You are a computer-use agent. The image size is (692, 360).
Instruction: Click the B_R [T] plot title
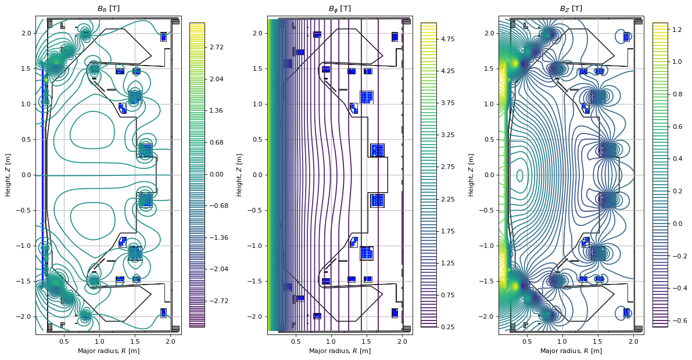click(108, 9)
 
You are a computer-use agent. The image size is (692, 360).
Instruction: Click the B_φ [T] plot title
click(340, 9)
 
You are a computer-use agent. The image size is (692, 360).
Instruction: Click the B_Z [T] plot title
click(571, 9)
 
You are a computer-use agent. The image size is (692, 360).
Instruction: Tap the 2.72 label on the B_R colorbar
click(216, 47)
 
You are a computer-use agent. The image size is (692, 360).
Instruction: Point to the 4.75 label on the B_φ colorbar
click(447, 39)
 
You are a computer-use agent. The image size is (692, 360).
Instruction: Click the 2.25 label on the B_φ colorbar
click(447, 199)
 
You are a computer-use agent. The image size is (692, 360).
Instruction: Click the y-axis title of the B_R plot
click(8, 175)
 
